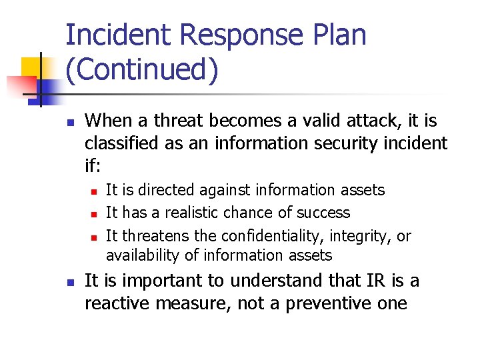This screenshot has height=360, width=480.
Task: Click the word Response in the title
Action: click(239, 35)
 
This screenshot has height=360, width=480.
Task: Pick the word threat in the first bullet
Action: click(178, 121)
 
